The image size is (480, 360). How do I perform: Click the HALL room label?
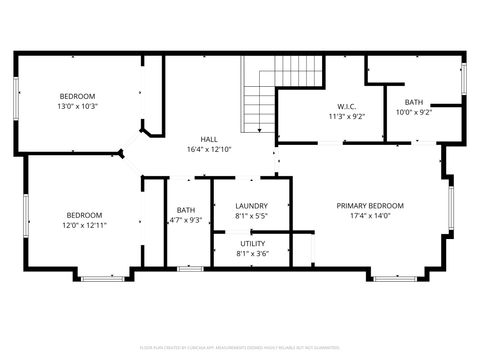209,139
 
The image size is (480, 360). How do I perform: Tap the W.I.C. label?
347,107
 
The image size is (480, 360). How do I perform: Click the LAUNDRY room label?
250,205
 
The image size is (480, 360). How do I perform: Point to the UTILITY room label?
252,244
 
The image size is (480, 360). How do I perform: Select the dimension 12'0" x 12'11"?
85,225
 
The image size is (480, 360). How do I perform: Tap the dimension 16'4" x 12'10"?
209,149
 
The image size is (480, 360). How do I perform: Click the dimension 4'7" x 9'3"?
186,220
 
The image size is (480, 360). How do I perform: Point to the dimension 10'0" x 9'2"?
413,112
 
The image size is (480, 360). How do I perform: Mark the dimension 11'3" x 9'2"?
347,117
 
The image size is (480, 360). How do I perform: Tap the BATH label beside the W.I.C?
413,102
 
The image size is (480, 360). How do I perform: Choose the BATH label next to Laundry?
186,210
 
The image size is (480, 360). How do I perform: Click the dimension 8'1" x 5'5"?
250,215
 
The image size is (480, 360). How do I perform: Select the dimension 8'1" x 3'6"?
252,254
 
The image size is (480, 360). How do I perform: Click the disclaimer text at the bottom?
240,347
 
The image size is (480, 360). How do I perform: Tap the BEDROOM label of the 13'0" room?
77,96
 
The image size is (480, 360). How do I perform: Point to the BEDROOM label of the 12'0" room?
85,215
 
